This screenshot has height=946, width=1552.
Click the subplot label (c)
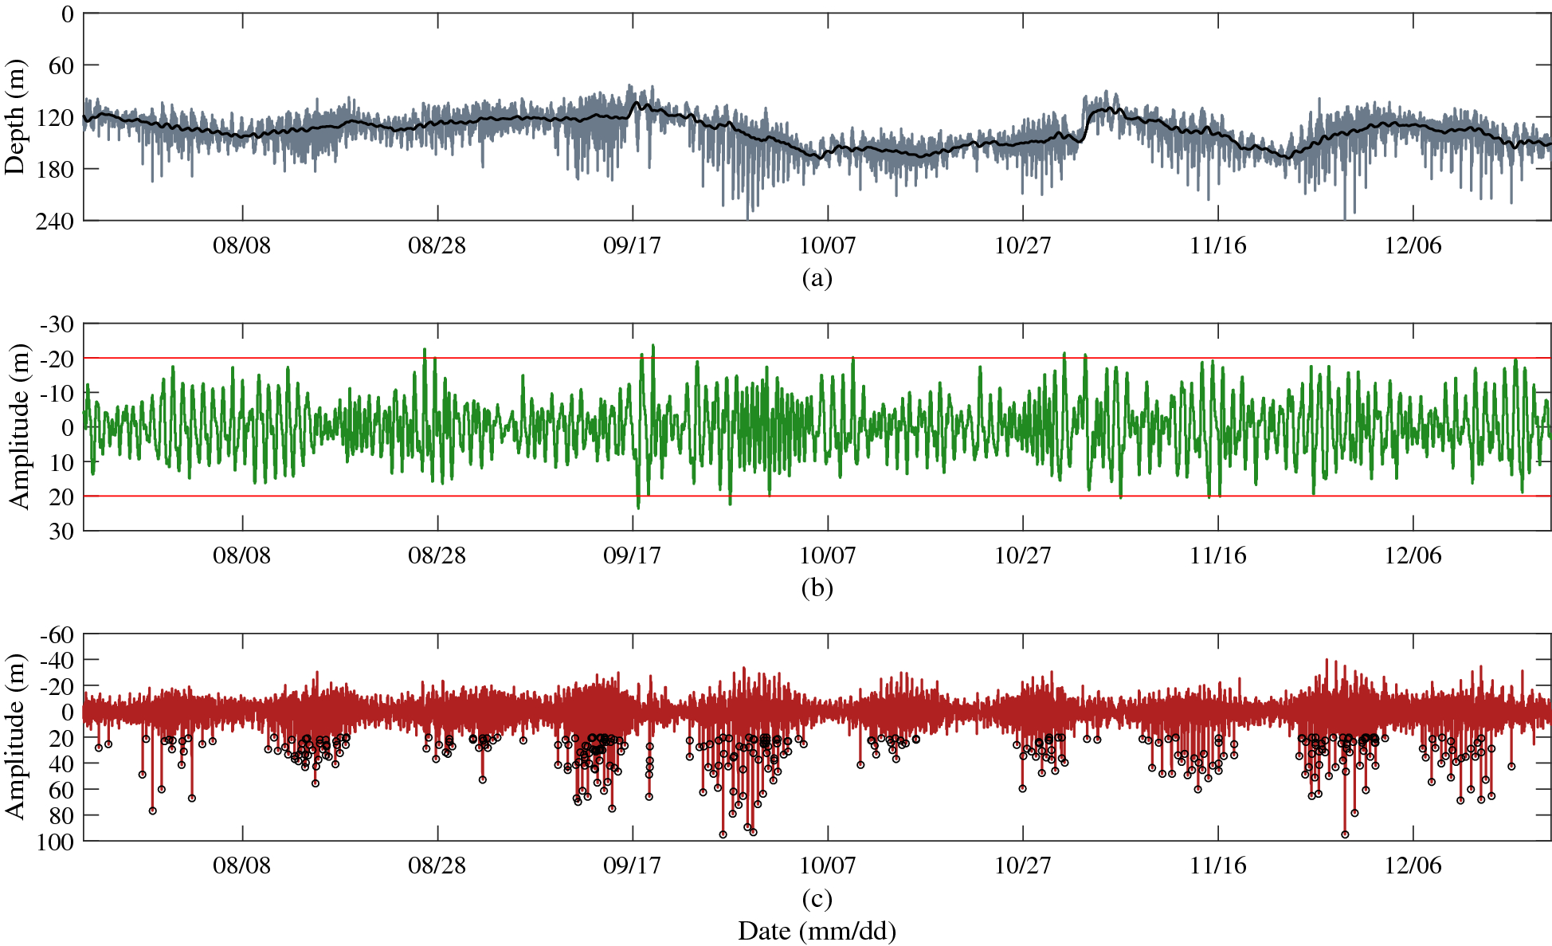pos(817,898)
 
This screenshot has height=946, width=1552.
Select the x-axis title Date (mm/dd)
pos(817,930)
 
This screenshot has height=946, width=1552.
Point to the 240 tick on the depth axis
pos(54,221)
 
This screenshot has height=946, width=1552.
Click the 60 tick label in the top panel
pos(61,65)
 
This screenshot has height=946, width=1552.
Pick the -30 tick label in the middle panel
pos(57,324)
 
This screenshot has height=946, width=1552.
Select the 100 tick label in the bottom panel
pos(54,842)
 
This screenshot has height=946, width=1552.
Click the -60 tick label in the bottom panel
pos(57,635)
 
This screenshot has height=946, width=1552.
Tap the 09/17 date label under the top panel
pos(632,245)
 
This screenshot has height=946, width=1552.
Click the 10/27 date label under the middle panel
pos(1022,555)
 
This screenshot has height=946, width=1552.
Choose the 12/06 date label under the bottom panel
pos(1413,866)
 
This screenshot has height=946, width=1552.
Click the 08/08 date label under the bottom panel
pos(241,866)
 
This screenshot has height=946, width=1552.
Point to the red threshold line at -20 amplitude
pos(876,359)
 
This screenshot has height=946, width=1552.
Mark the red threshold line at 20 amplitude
pos(876,497)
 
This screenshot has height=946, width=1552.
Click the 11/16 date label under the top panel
pos(1217,245)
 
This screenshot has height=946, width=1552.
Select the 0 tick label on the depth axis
pos(67,14)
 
